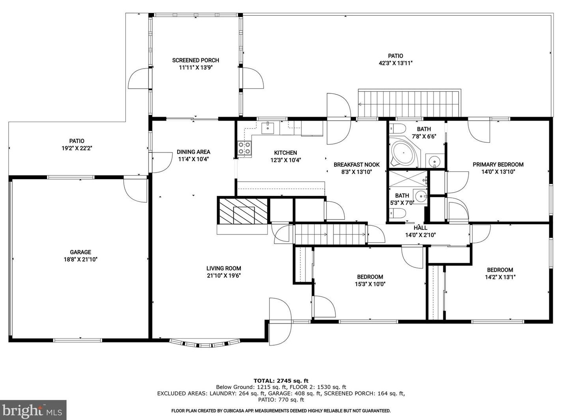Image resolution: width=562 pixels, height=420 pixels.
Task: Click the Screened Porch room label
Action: pos(195,60)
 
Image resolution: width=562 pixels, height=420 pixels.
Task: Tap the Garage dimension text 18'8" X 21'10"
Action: pos(81,260)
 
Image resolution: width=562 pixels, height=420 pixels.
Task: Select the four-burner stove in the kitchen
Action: pos(244,148)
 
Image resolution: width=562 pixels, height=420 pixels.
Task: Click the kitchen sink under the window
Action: pos(268,128)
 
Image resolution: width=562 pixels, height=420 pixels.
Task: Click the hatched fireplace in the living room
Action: pos(243,211)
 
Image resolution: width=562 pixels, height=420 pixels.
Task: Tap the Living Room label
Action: pos(224,268)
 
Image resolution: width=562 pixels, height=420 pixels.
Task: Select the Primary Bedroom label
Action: pos(498,165)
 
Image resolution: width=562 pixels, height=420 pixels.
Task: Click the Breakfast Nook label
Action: pos(357,165)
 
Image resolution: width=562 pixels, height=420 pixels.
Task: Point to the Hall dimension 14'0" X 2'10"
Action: pos(421,235)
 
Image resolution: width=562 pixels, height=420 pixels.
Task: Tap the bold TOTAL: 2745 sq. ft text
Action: pos(281,381)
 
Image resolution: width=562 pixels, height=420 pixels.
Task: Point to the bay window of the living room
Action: pos(205,343)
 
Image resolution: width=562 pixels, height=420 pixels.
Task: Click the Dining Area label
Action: pos(193,152)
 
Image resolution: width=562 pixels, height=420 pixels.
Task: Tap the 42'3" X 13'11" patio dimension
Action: pos(396,63)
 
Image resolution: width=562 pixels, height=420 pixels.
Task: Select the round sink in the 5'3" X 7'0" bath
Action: pos(420,196)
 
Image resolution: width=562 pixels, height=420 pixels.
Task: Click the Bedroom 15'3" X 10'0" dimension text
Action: pos(370,284)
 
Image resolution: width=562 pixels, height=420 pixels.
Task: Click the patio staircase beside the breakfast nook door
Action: pos(409,103)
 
